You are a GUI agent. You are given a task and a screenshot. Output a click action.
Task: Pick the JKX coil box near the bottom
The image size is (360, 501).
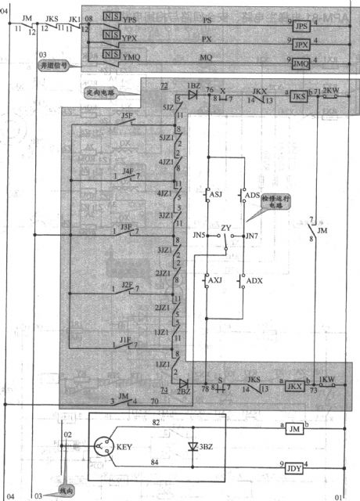(x=294, y=385)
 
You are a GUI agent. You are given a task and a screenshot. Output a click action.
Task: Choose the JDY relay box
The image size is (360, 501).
(x=294, y=469)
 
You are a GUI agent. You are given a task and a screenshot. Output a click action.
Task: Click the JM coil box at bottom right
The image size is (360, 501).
(x=294, y=429)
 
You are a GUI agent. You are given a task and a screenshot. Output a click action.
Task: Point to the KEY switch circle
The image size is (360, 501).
(x=104, y=448)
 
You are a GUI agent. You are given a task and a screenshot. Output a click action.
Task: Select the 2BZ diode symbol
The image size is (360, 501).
(x=185, y=383)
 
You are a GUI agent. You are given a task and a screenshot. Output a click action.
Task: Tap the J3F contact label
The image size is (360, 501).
(x=128, y=226)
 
